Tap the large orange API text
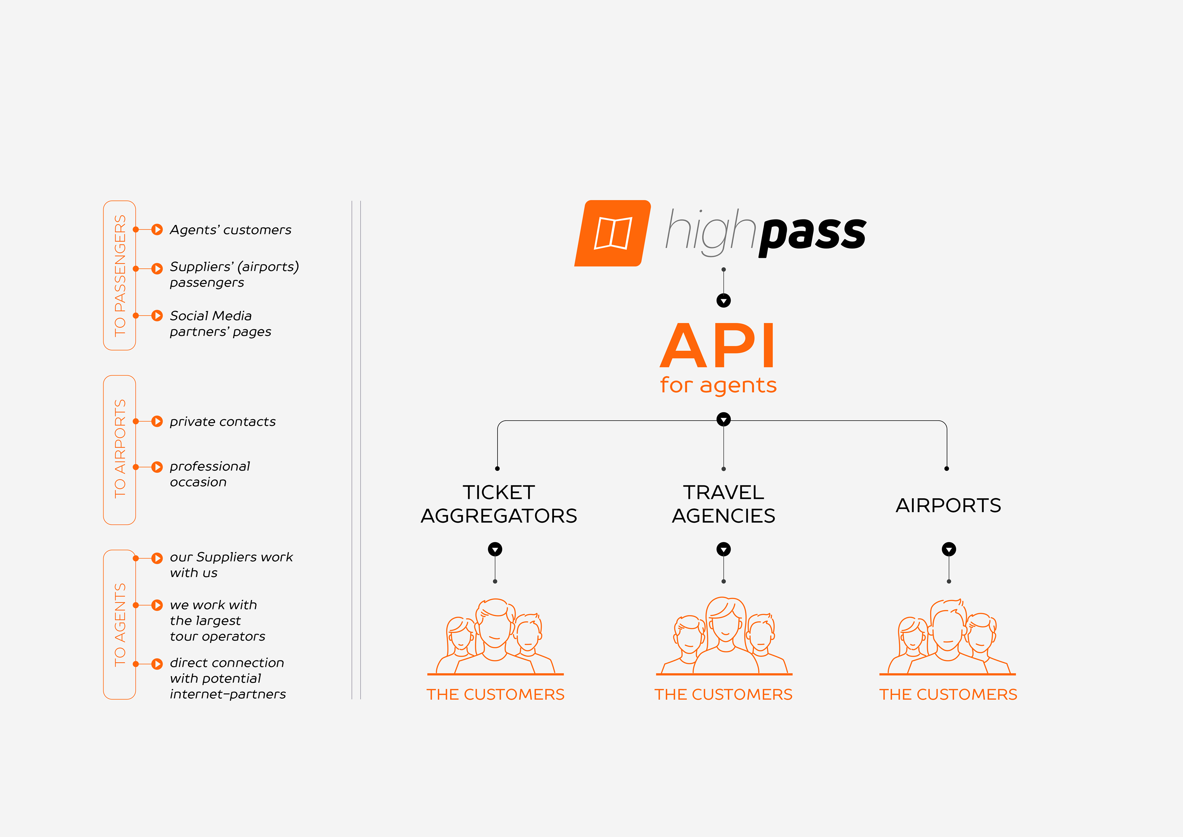pyautogui.click(x=717, y=345)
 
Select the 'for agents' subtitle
pyautogui.click(x=718, y=385)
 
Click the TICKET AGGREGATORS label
pyautogui.click(x=499, y=504)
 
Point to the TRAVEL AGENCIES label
pyautogui.click(x=723, y=504)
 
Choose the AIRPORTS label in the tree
pyautogui.click(x=948, y=505)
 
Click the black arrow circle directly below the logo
pyautogui.click(x=723, y=300)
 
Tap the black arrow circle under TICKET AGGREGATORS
pyautogui.click(x=495, y=549)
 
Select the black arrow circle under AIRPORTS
pyautogui.click(x=949, y=549)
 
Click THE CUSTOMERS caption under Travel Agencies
pyautogui.click(x=723, y=694)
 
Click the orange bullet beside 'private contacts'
pyautogui.click(x=157, y=421)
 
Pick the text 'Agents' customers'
pyautogui.click(x=230, y=230)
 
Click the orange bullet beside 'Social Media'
pyautogui.click(x=157, y=316)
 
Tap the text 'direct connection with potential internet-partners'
pyautogui.click(x=228, y=678)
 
